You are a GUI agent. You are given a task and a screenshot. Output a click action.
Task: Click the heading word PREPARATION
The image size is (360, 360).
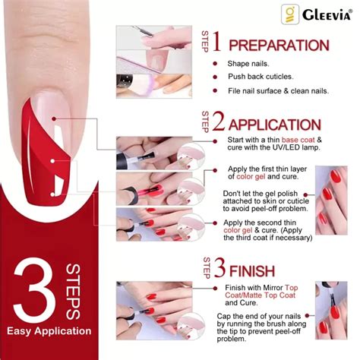pos(279,46)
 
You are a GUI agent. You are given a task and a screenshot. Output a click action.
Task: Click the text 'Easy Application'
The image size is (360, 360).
pos(49,331)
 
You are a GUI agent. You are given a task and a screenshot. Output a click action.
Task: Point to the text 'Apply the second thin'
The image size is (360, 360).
pos(264,223)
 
